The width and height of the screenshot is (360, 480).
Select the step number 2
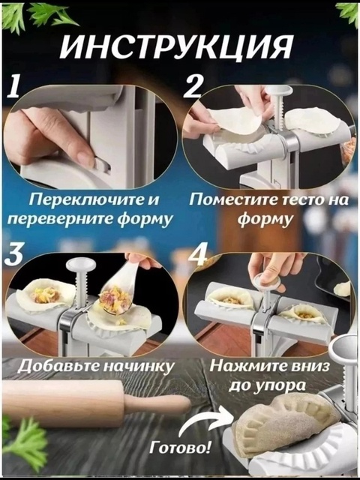tap(193, 88)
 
